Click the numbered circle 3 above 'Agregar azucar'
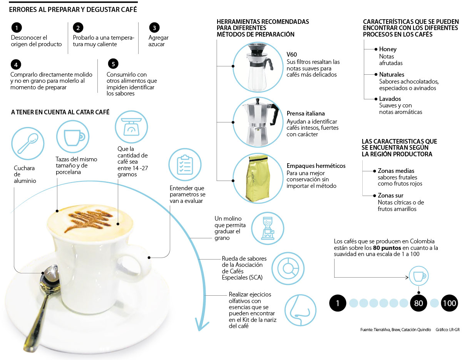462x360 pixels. click(154, 28)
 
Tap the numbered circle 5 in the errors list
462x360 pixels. click(113, 64)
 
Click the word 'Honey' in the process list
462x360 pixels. click(388, 49)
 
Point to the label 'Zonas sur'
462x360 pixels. click(390, 196)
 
